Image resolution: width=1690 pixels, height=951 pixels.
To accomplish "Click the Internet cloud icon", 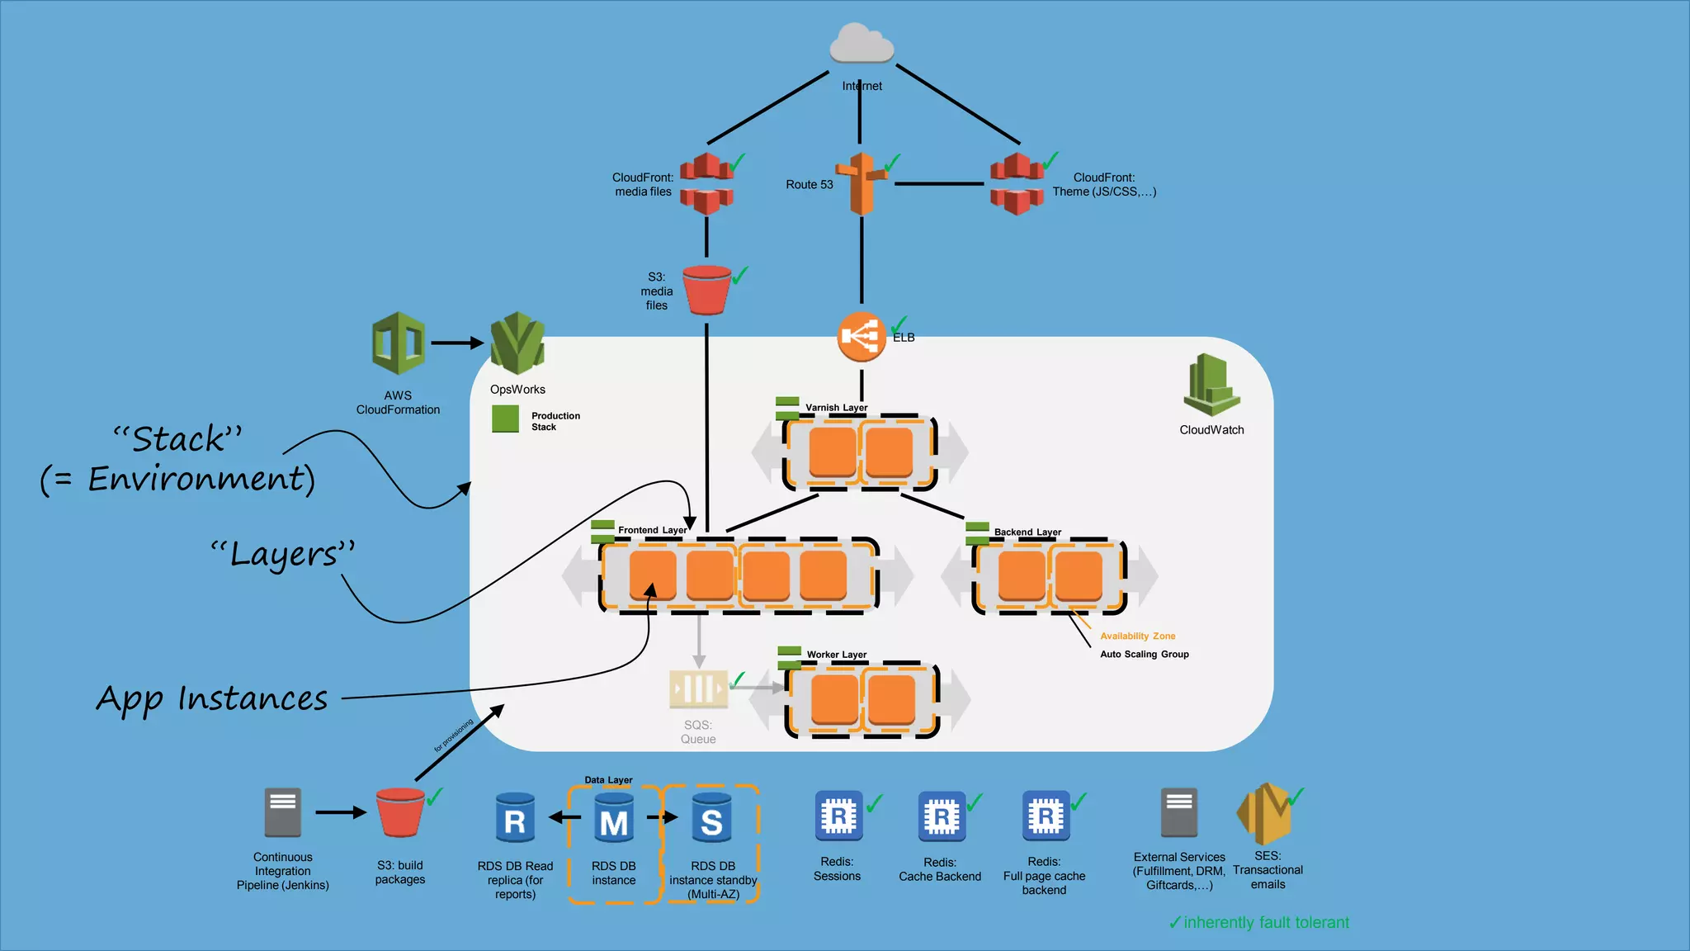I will click(x=862, y=44).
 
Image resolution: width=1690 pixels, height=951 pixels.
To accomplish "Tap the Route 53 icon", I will click(x=862, y=183).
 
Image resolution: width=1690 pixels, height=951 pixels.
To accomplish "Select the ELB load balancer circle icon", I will click(x=861, y=336).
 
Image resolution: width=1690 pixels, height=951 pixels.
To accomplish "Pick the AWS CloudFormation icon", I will click(x=398, y=343).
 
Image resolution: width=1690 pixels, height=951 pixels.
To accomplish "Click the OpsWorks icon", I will click(x=517, y=343).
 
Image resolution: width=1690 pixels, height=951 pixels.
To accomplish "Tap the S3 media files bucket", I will click(x=706, y=290).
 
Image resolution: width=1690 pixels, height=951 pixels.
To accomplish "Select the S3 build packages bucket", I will click(x=400, y=812).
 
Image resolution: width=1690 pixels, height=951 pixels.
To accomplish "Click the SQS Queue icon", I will click(x=698, y=688).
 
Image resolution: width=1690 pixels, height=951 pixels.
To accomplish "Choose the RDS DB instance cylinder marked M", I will click(x=614, y=819).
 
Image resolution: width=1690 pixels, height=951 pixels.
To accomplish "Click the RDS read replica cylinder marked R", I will click(x=515, y=819).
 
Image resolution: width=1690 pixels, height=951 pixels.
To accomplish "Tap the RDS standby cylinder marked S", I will click(x=711, y=819).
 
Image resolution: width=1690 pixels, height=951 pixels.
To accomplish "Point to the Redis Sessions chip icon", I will click(x=838, y=816).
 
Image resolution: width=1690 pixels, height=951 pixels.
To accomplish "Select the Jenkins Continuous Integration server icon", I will click(x=282, y=812).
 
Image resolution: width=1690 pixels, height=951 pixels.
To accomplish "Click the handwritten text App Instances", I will click(x=212, y=699).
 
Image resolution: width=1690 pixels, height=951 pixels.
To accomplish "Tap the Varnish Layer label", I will click(x=836, y=408).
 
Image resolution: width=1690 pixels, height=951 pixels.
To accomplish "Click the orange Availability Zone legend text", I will click(x=1137, y=636).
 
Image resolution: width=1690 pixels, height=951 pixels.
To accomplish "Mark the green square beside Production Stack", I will click(x=505, y=419).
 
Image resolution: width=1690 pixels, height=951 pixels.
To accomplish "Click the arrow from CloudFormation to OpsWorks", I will click(x=456, y=343).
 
